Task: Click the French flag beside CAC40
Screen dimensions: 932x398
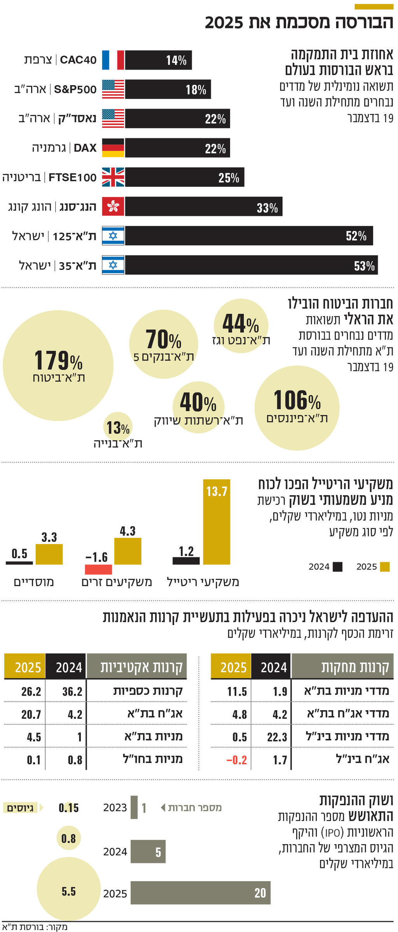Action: pos(113,60)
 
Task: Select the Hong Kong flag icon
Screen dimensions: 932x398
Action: pos(113,207)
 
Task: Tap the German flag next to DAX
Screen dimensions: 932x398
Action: pos(113,148)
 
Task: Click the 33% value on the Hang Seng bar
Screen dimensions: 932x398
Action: pos(267,208)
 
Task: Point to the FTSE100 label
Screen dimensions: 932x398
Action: pos(72,178)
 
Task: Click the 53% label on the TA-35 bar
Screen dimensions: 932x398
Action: pos(364,266)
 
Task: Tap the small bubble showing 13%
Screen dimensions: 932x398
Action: pos(118,427)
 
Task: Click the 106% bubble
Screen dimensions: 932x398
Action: pos(297,407)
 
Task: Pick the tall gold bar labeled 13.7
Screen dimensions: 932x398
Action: pos(216,521)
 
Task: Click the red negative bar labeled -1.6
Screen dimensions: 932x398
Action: pos(98,569)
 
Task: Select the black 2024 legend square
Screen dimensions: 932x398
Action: pos(338,567)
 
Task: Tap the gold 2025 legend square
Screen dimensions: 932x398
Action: pos(385,567)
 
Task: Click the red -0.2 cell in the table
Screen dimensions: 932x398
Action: pos(236,760)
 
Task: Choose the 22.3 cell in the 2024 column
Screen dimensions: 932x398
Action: pos(277,737)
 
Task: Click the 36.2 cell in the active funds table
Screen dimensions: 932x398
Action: pos(72,692)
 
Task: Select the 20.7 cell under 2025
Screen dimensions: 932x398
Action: pos(31,714)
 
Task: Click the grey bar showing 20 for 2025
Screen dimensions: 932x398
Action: pos(200,893)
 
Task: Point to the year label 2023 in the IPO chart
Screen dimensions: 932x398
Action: pos(115,808)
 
